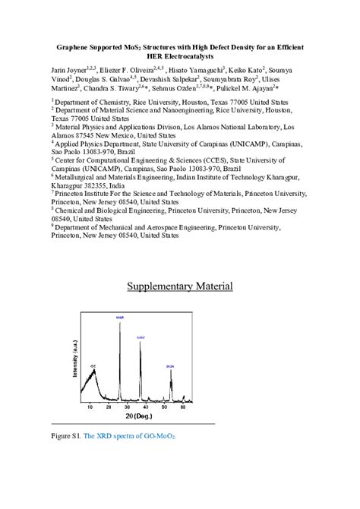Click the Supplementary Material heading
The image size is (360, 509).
(179, 286)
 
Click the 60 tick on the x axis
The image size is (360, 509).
(188, 407)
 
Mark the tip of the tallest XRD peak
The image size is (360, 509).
(119, 321)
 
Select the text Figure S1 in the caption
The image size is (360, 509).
(65, 437)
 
